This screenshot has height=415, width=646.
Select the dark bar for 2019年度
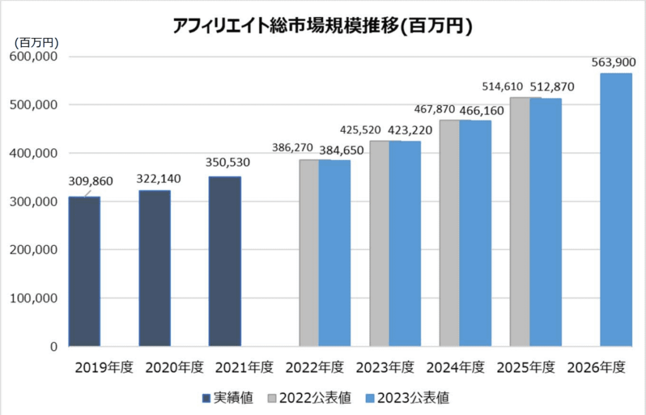click(85, 272)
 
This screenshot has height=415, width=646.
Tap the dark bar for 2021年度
click(225, 262)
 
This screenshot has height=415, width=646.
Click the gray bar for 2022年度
click(308, 253)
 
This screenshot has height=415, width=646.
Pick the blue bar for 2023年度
click(404, 244)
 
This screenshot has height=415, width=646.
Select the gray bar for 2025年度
click(519, 222)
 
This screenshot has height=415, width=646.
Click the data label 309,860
click(90, 182)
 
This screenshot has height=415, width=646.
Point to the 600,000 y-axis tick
click(35, 56)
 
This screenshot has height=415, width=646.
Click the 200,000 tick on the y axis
click(35, 250)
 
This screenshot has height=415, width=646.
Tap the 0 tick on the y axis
click(54, 347)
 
